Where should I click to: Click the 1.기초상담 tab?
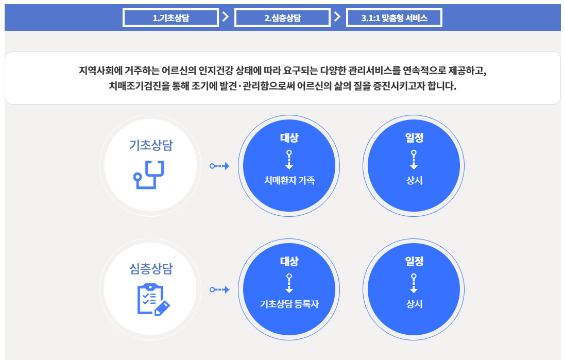(x=170, y=18)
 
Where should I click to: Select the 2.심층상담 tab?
(x=282, y=18)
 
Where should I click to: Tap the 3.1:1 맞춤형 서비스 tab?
(x=394, y=18)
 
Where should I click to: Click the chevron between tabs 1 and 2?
(x=225, y=16)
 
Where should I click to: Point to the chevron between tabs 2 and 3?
(x=337, y=16)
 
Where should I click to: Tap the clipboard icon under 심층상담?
(x=152, y=299)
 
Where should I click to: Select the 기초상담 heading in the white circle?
(x=151, y=145)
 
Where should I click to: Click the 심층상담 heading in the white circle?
(x=151, y=268)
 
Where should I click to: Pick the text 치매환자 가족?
(x=289, y=180)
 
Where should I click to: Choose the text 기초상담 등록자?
(x=289, y=304)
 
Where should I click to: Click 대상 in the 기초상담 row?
(x=289, y=138)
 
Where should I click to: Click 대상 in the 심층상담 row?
(x=289, y=261)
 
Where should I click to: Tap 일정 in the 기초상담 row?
(x=414, y=138)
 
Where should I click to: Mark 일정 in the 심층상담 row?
(x=414, y=261)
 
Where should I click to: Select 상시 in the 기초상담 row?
(x=414, y=180)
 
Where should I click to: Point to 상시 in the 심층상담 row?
(x=414, y=304)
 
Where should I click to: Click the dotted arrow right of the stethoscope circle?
(x=219, y=166)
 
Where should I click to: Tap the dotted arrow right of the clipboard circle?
(x=219, y=289)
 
